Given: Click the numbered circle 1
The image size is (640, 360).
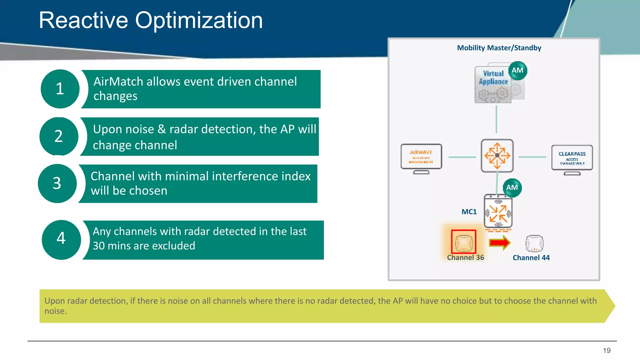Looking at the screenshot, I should pos(60,89).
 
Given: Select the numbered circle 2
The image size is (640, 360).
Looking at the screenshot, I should pos(59,136).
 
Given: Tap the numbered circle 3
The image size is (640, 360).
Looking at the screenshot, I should pos(57,183).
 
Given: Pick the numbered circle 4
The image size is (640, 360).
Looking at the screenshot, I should pos(61,239).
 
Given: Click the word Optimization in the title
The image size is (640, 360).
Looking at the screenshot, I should pos(199,21).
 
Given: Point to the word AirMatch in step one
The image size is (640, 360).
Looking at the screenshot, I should pos(118,82).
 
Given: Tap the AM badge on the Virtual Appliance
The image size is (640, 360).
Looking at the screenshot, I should pos(517,71).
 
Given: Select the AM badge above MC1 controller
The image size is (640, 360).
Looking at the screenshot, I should pos(512,187).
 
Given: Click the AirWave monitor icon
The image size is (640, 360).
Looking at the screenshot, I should pos(421,157).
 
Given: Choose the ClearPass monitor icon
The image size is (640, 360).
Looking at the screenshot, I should pos(572,159).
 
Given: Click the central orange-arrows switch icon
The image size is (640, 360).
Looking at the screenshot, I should pos(497,156).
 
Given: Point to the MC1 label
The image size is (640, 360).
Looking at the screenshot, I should pos(469,212).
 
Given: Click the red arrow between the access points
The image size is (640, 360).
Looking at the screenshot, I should pos(499,243).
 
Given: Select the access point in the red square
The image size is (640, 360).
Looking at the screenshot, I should pos(463,242).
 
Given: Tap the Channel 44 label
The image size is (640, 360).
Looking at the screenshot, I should pos(531,258).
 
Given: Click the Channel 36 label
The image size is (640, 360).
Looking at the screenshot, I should pos(465,257).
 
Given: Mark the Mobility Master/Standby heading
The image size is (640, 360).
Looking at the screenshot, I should pos(499,48).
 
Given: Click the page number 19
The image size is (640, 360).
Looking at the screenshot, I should pos(607,351).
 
